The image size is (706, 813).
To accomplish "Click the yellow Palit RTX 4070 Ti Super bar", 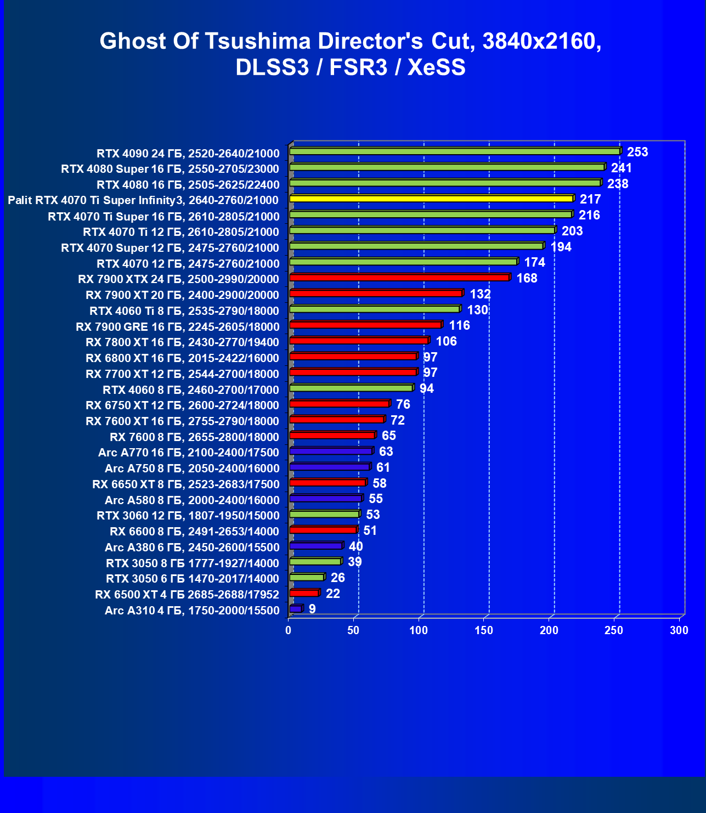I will coord(431,199).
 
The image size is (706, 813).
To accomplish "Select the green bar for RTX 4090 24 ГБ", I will coord(455,151).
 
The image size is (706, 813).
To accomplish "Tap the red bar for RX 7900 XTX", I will coord(399,278).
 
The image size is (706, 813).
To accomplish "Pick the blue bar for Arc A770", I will coord(331,451).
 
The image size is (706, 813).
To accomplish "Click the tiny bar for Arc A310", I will coord(296,609).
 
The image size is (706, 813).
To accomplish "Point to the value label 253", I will coord(637,152).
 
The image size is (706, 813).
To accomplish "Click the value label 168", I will coord(527,278).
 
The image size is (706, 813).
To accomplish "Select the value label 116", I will coord(459,325).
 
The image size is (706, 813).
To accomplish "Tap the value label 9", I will coord(312,609).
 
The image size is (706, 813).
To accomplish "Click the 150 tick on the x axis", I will coord(484,630).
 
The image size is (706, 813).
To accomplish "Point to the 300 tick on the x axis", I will coord(679,630).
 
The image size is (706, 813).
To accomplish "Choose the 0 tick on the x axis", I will coord(289,630).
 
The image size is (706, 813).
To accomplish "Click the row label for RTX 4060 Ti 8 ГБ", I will coord(184,311).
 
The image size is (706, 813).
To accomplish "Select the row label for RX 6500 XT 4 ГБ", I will coord(187,595).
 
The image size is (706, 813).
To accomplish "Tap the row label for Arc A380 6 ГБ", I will coord(192,547).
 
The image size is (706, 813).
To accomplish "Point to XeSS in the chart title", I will coord(437,67).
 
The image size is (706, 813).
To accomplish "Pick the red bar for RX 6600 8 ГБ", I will coord(323,530).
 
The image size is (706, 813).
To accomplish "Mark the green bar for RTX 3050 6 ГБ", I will coord(307,577).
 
